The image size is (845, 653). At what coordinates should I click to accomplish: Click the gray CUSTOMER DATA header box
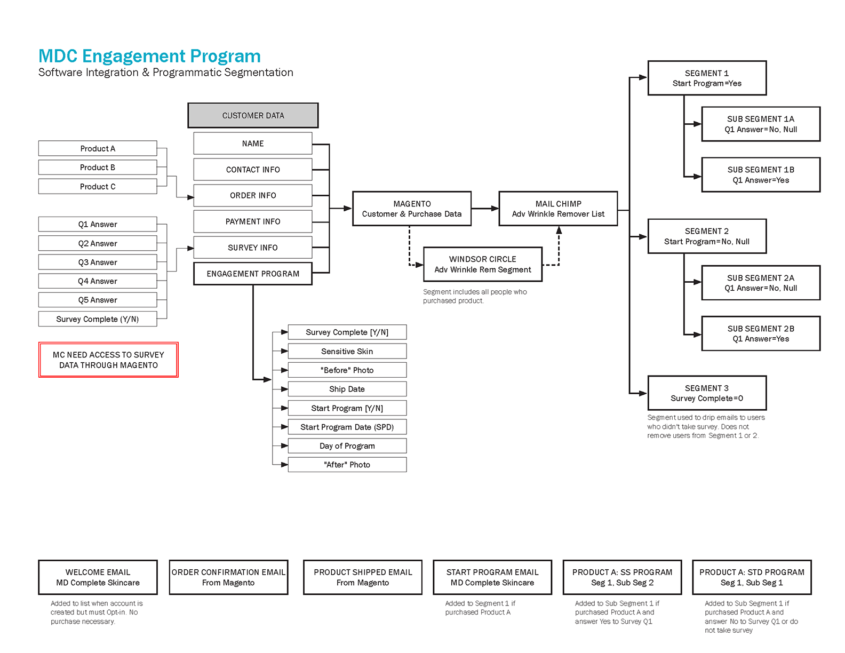point(253,115)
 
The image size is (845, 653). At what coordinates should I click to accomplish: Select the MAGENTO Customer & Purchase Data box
point(412,209)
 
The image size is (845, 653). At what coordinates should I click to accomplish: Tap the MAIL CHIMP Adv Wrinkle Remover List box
point(558,209)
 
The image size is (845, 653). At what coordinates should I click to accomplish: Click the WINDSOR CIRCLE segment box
point(482,264)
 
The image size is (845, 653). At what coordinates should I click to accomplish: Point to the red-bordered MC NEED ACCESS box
point(108,360)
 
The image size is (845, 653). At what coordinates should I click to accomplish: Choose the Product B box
point(98,168)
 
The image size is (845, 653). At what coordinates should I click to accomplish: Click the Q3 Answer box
point(98,262)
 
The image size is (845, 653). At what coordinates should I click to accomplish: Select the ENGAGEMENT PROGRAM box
point(253,274)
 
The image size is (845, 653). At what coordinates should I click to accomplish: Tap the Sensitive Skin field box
point(347,351)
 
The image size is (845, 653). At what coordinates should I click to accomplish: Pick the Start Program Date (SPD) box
point(347,427)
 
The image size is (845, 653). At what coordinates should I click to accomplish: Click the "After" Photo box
point(347,465)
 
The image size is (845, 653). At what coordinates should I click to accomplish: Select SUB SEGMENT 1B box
point(761,174)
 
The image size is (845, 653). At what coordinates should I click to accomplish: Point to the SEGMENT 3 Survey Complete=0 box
point(707,393)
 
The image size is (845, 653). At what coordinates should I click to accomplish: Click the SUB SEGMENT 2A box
point(761,283)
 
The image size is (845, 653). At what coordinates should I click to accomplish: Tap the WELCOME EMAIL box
point(98,577)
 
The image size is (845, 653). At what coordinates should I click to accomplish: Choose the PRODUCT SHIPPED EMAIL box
point(363,577)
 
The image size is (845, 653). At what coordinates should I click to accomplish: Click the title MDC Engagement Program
point(149,56)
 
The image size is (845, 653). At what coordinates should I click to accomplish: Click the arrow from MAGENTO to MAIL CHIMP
point(485,209)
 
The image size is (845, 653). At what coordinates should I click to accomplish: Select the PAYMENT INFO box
point(253,221)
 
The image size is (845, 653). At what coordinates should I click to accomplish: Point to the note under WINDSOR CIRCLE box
point(474,296)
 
